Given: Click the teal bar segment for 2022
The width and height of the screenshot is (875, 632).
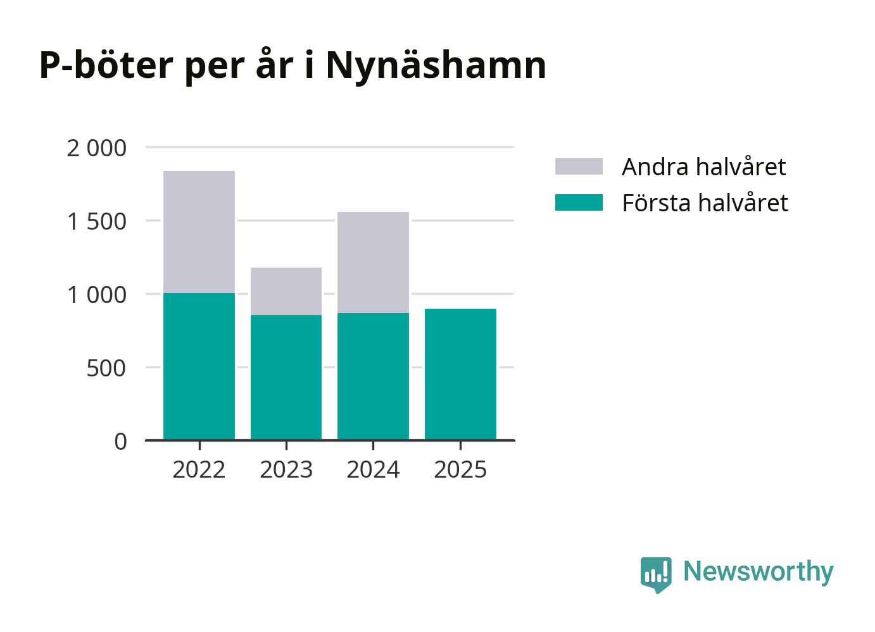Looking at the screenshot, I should (199, 366).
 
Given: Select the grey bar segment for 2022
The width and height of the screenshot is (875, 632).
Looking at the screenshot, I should (199, 232).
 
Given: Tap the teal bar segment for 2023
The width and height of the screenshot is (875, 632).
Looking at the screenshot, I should (286, 377).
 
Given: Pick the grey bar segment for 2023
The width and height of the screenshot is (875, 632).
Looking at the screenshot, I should (286, 291).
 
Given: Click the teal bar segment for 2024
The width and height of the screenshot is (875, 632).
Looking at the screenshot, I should (373, 376).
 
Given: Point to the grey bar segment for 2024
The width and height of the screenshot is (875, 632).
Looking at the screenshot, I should (373, 263).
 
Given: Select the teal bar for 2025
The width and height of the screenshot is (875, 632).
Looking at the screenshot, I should (460, 374).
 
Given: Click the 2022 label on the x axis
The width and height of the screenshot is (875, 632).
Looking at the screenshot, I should (199, 469).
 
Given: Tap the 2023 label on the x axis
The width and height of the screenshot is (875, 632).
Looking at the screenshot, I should (286, 469).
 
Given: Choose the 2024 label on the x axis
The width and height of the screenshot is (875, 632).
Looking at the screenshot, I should (373, 469).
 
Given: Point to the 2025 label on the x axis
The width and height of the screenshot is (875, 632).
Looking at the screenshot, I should (460, 469).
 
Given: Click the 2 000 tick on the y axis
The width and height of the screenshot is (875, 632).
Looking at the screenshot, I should (96, 148).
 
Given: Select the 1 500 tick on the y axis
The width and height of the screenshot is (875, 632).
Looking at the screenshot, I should (96, 221).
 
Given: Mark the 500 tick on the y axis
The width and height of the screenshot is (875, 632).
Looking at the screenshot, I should (106, 368).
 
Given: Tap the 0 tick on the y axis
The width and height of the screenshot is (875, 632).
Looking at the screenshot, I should (120, 442).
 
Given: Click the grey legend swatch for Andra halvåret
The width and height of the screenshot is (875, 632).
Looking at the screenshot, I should (579, 166).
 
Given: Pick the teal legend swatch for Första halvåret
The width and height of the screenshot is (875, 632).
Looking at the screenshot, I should (579, 202).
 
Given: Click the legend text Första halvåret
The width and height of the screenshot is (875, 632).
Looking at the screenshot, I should (705, 202).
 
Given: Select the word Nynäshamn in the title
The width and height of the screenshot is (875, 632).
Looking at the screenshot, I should (436, 65).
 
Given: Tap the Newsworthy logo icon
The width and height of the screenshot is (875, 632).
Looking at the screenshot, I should (656, 574).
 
